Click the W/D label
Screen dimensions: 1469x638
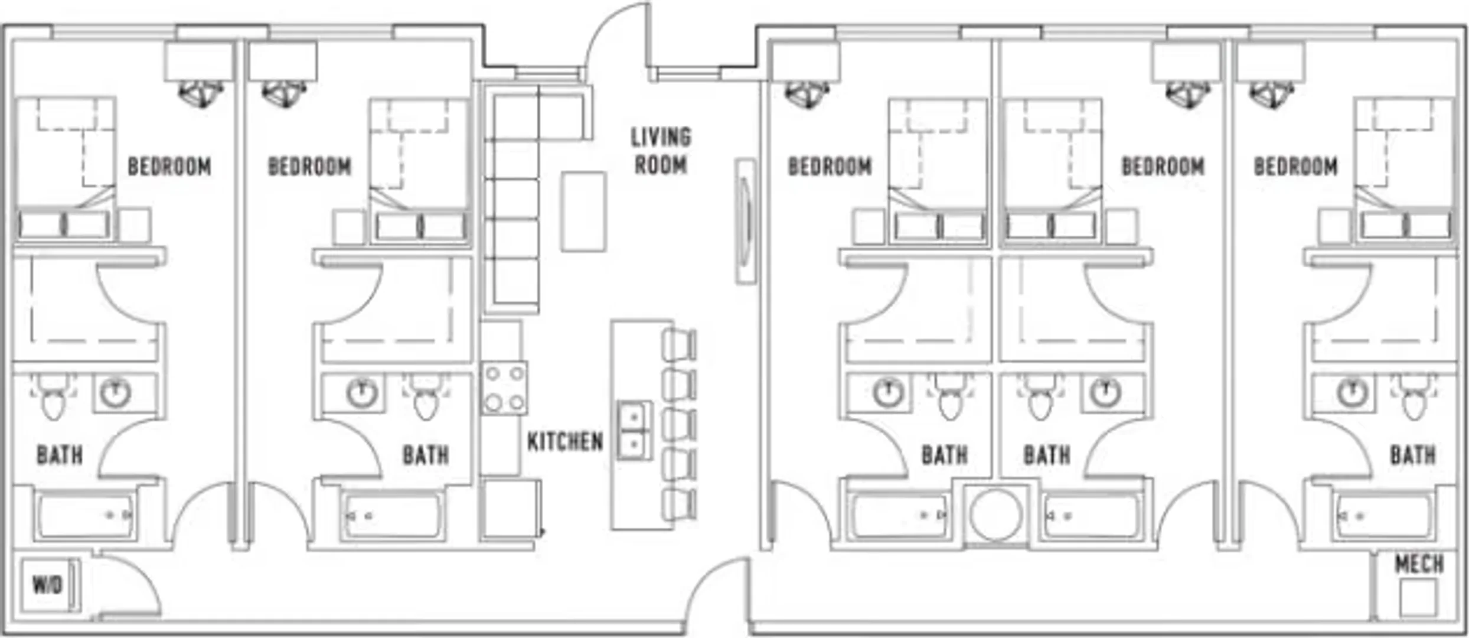click(47, 585)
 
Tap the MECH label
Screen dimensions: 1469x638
click(1419, 564)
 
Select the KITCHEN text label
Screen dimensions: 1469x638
click(565, 441)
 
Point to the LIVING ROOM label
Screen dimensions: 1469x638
click(661, 151)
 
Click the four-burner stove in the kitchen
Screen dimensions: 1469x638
click(504, 388)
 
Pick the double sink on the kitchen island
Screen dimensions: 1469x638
click(635, 430)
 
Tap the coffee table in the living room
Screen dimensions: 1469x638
click(583, 211)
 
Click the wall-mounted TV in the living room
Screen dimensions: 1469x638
click(745, 221)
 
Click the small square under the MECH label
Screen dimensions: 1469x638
click(1418, 597)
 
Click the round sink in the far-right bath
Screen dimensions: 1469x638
click(1352, 393)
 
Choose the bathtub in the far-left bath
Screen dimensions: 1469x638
click(86, 516)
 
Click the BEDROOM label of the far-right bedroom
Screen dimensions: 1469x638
click(1295, 167)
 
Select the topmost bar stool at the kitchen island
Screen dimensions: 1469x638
click(679, 344)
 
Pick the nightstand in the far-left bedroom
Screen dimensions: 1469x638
click(135, 225)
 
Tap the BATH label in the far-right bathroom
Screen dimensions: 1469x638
click(1413, 455)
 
